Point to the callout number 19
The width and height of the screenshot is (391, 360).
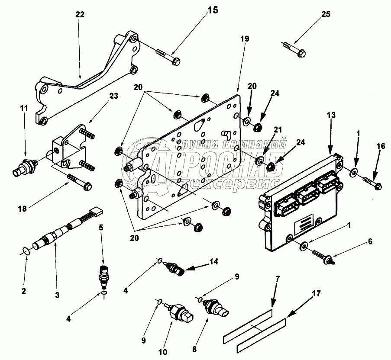tap(244, 39)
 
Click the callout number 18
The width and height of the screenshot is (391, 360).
tap(22, 209)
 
